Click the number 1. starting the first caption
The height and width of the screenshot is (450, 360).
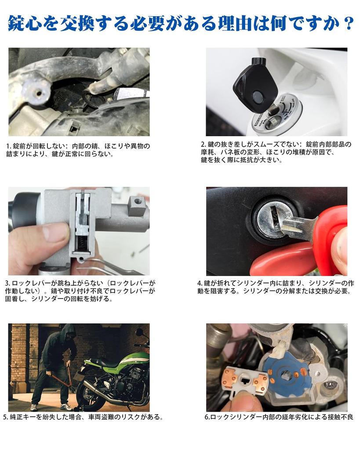8,146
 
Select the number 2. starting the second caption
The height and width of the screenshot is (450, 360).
204,144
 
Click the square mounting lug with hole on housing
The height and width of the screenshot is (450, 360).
137,204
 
